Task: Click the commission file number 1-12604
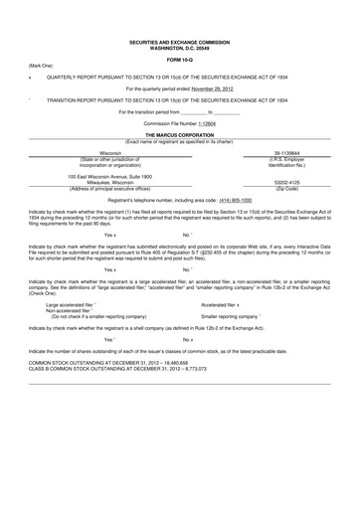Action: point(228,123)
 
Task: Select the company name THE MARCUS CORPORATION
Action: point(180,133)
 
